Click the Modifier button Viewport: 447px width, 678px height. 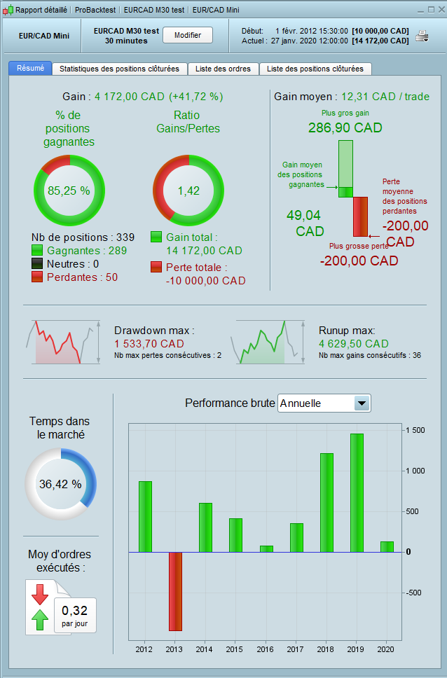(x=187, y=35)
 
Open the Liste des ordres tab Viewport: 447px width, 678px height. (x=224, y=69)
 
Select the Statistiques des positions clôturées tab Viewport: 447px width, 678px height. (x=120, y=69)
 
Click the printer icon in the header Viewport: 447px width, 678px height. (x=422, y=36)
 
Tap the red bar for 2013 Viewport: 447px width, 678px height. (x=175, y=591)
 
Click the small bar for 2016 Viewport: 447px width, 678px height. (x=266, y=548)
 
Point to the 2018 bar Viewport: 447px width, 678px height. (x=326, y=502)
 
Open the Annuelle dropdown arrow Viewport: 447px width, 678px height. (x=362, y=403)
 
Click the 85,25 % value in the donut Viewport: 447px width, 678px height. (x=69, y=190)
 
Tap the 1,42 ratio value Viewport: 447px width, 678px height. (x=187, y=190)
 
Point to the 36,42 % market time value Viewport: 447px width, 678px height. (x=60, y=484)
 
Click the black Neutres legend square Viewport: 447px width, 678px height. (x=38, y=264)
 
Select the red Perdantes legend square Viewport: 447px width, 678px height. (x=38, y=277)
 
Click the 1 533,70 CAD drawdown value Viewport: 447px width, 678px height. (x=149, y=344)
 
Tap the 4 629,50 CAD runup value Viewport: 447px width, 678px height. (x=353, y=344)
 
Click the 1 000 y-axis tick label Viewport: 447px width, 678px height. (x=418, y=471)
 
